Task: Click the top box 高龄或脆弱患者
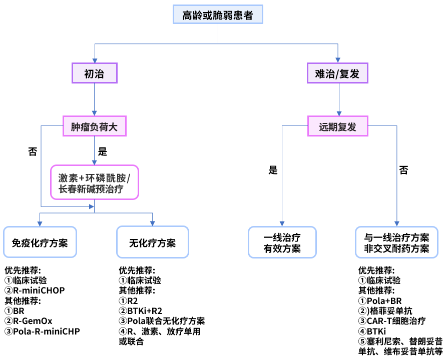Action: click(x=217, y=15)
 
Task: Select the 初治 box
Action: click(x=94, y=74)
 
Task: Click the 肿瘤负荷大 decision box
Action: click(x=94, y=127)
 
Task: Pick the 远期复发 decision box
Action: click(x=337, y=127)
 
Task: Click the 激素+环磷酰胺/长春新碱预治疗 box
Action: click(x=94, y=183)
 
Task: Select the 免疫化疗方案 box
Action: click(x=40, y=242)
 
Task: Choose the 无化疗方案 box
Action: click(x=152, y=242)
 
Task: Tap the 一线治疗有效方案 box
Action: click(x=282, y=242)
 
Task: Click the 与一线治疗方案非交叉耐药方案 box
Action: click(x=397, y=242)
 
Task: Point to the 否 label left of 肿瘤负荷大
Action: click(x=33, y=152)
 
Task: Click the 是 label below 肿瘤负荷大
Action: click(x=103, y=152)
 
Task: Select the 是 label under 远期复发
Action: click(x=273, y=170)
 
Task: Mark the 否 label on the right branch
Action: click(x=403, y=170)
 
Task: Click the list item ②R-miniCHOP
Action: click(x=35, y=290)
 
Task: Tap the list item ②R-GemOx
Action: click(x=29, y=320)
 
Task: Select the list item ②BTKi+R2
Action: click(x=141, y=310)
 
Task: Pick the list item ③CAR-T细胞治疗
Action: click(x=392, y=320)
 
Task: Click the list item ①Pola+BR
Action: click(x=380, y=300)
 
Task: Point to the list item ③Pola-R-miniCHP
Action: click(x=42, y=331)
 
